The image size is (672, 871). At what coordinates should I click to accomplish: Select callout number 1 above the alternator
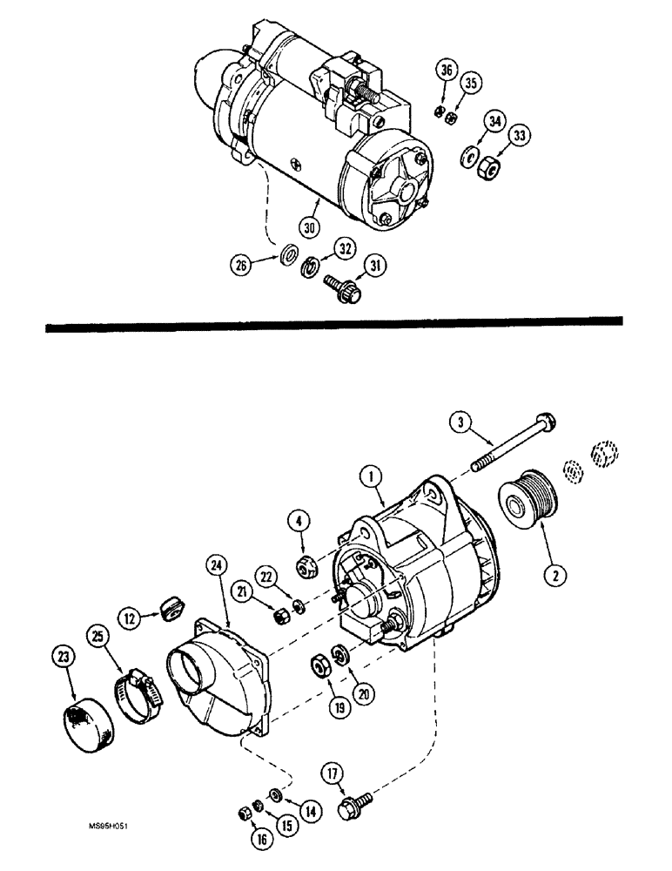click(372, 476)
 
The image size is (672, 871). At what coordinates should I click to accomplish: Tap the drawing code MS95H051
click(107, 832)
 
